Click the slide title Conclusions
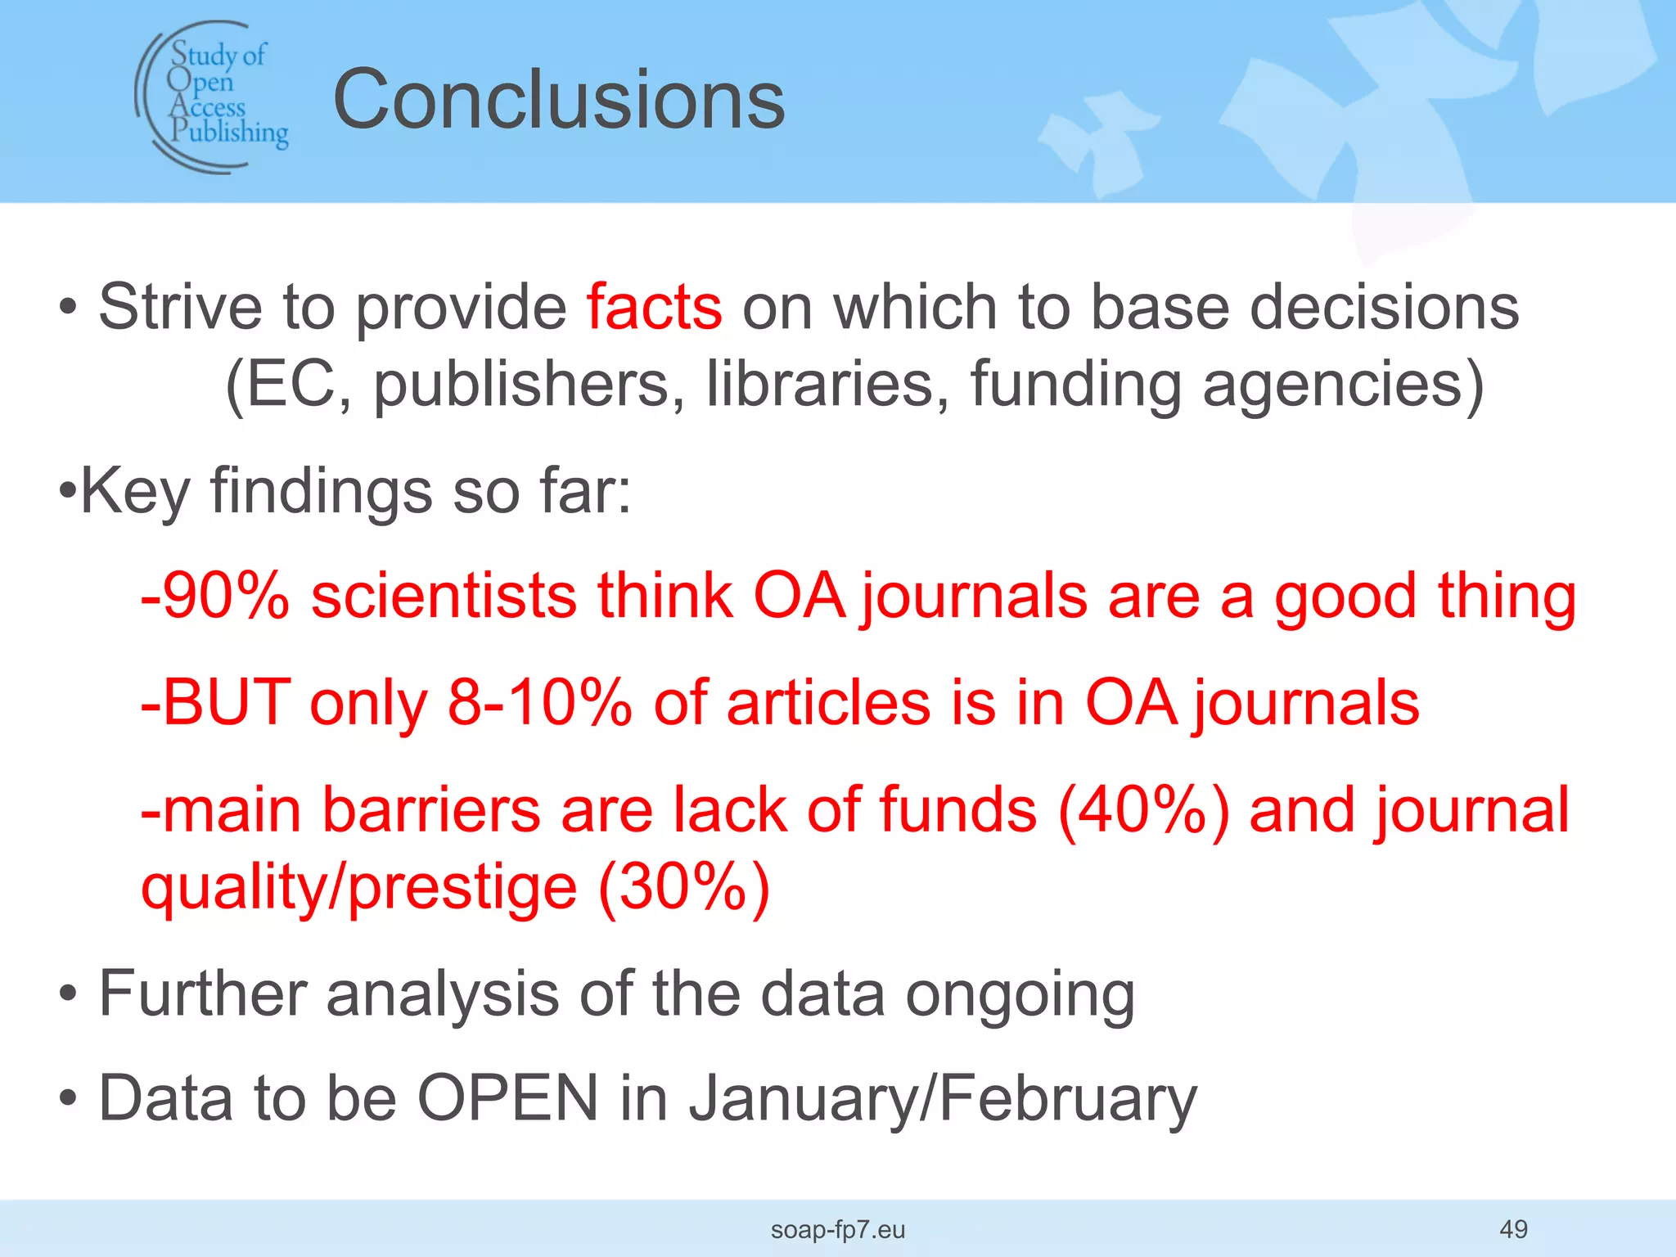click(559, 100)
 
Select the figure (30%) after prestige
click(684, 886)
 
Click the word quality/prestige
click(359, 888)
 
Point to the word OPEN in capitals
click(508, 1097)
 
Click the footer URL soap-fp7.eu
click(838, 1229)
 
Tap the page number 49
click(1513, 1228)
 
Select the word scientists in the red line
click(444, 596)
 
